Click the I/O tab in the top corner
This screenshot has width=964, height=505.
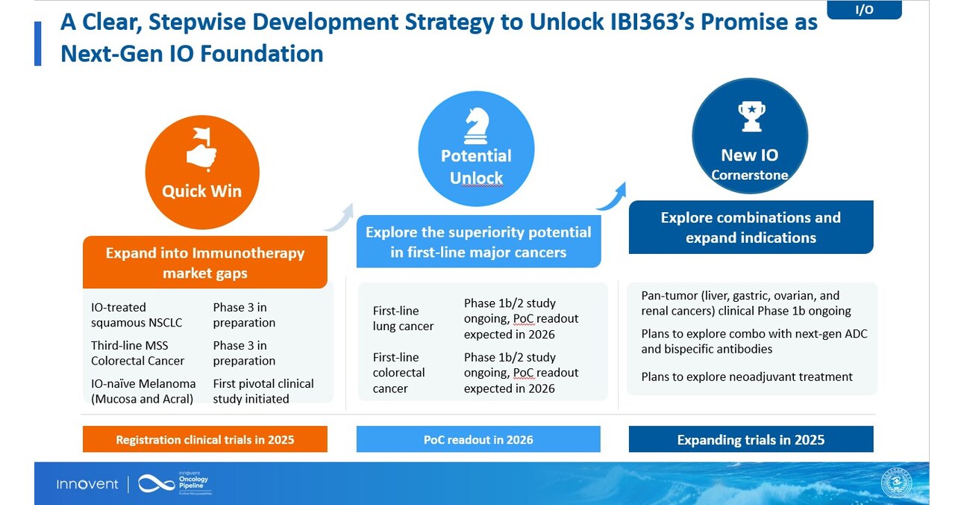(864, 10)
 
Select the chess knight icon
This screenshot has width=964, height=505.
(476, 126)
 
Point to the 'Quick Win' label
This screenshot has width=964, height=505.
(201, 191)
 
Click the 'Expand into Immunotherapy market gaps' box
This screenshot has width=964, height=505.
(205, 262)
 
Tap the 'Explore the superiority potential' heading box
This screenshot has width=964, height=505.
(478, 242)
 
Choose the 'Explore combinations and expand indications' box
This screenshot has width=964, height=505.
(751, 227)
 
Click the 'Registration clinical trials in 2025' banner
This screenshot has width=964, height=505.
(205, 439)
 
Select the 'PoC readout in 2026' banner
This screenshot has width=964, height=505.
(478, 439)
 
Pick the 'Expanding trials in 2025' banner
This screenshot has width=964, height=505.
(751, 439)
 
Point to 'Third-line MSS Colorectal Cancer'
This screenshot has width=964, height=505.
(138, 353)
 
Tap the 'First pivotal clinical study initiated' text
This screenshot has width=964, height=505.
(263, 391)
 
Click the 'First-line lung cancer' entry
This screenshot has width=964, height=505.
(403, 318)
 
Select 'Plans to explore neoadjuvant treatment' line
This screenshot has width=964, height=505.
(747, 377)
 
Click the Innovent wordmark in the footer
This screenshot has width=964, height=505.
(87, 484)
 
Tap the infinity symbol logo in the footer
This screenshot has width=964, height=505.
(156, 484)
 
